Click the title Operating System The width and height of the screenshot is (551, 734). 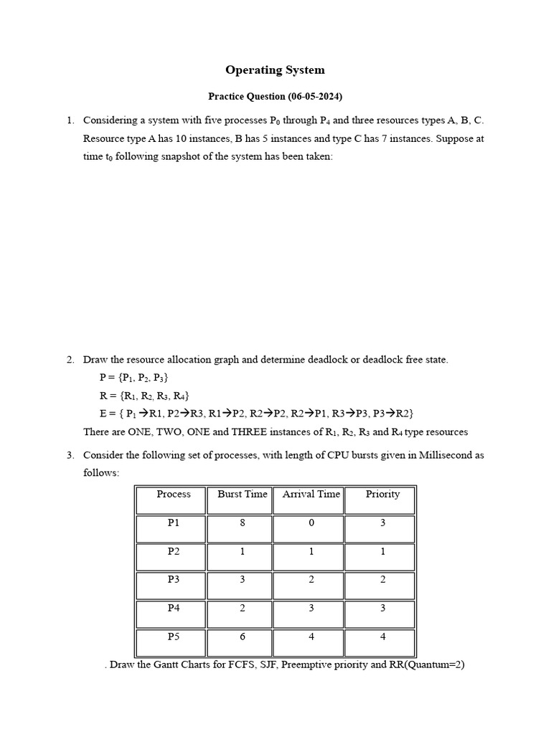tap(275, 70)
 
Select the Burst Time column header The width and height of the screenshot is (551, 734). tap(242, 494)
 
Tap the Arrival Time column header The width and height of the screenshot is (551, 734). tap(311, 494)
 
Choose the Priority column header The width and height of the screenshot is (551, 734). tap(382, 494)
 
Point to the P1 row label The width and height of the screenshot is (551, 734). tap(174, 523)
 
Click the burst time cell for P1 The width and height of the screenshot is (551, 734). tap(242, 523)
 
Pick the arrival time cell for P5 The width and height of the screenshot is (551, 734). tap(311, 637)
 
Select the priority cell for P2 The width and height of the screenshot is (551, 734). tap(382, 551)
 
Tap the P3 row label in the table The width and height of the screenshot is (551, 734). tap(174, 579)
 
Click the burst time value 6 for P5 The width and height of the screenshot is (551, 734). tap(242, 637)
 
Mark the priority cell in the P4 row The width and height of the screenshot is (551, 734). tap(382, 608)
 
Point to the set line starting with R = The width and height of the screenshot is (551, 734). tap(144, 396)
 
